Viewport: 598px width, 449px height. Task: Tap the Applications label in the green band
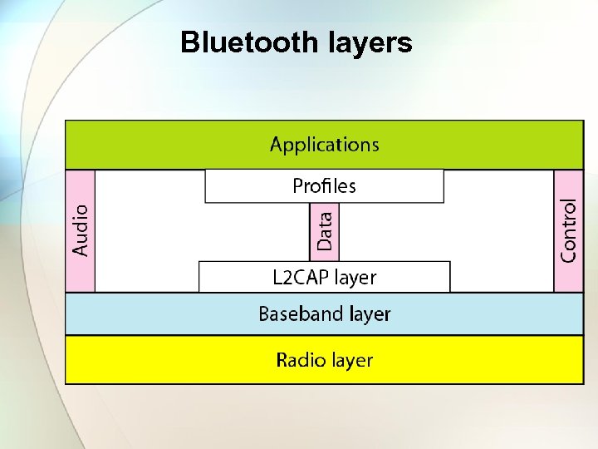[324, 145]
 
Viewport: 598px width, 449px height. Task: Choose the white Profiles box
[324, 186]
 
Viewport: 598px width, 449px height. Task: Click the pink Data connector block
[324, 231]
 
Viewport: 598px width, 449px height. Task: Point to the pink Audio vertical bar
[81, 230]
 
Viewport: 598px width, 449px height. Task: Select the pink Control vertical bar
[568, 230]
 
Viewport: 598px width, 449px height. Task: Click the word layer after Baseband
[370, 315]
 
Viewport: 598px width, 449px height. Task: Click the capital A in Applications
[277, 144]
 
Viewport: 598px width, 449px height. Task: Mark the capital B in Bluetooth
[189, 42]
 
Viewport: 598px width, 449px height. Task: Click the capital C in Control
[568, 254]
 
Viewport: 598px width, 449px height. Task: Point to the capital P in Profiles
[297, 186]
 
